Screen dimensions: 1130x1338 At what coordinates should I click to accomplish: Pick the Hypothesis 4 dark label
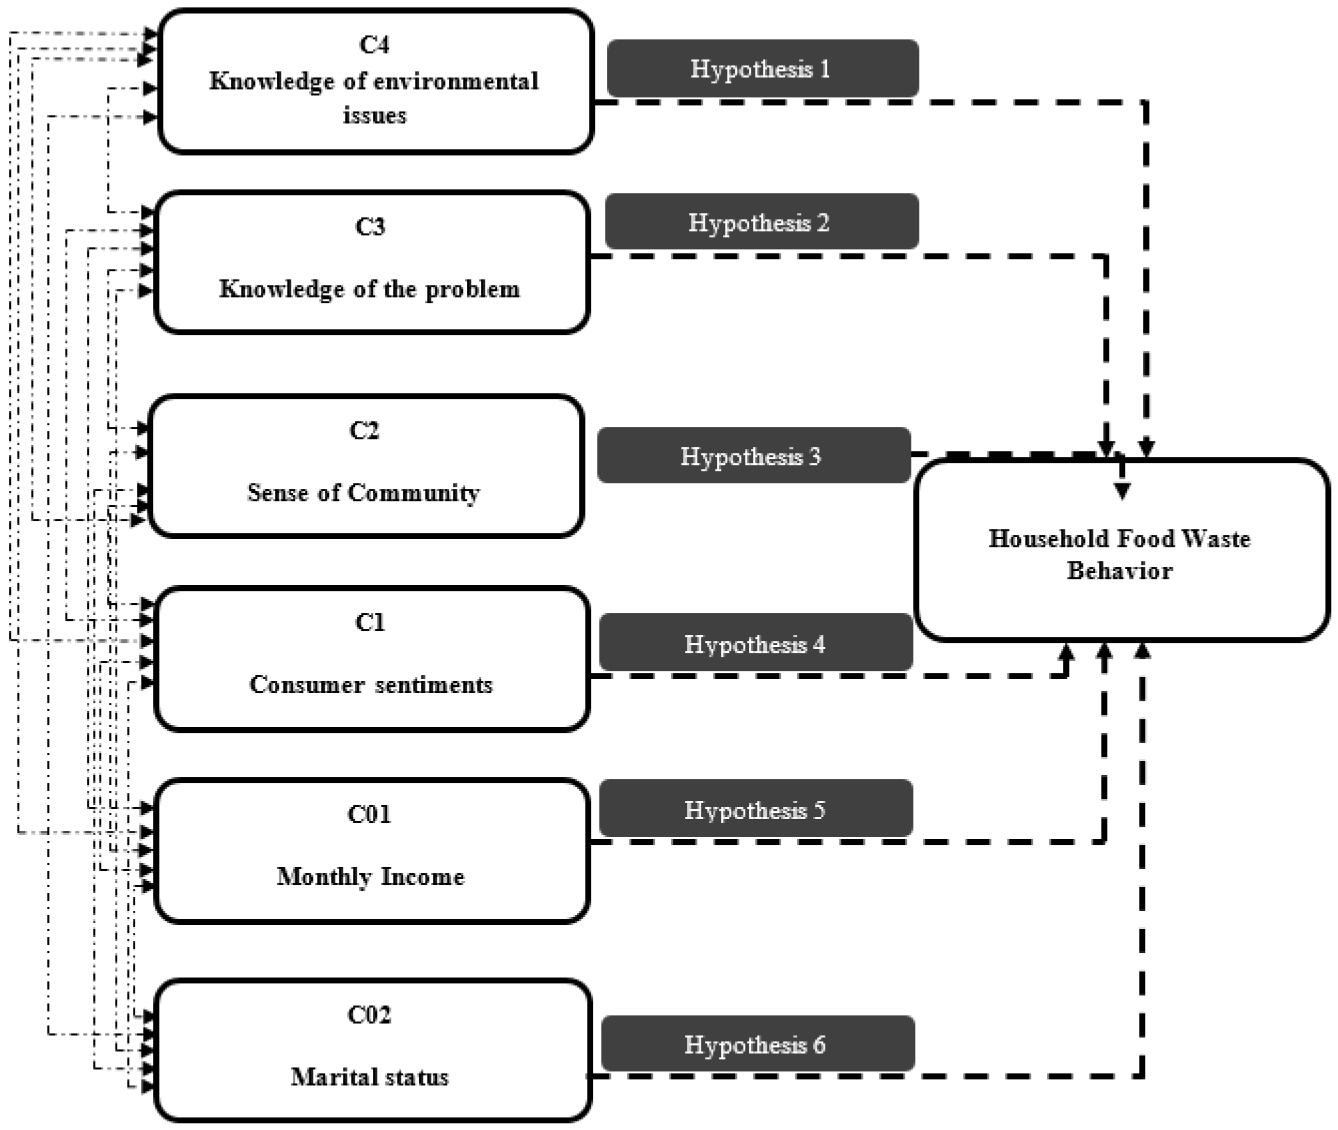756,643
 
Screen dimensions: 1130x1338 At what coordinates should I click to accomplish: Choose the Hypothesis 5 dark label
756,810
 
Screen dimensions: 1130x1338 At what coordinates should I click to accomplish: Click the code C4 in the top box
374,45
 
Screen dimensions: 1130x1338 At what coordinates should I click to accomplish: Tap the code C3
370,227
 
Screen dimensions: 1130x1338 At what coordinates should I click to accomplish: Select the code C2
364,430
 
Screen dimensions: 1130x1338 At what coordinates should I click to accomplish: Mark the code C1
370,622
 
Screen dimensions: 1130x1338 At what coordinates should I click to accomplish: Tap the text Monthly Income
370,876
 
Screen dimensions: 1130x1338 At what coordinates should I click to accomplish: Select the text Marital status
370,1077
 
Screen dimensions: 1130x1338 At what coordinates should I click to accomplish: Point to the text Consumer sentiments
371,685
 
